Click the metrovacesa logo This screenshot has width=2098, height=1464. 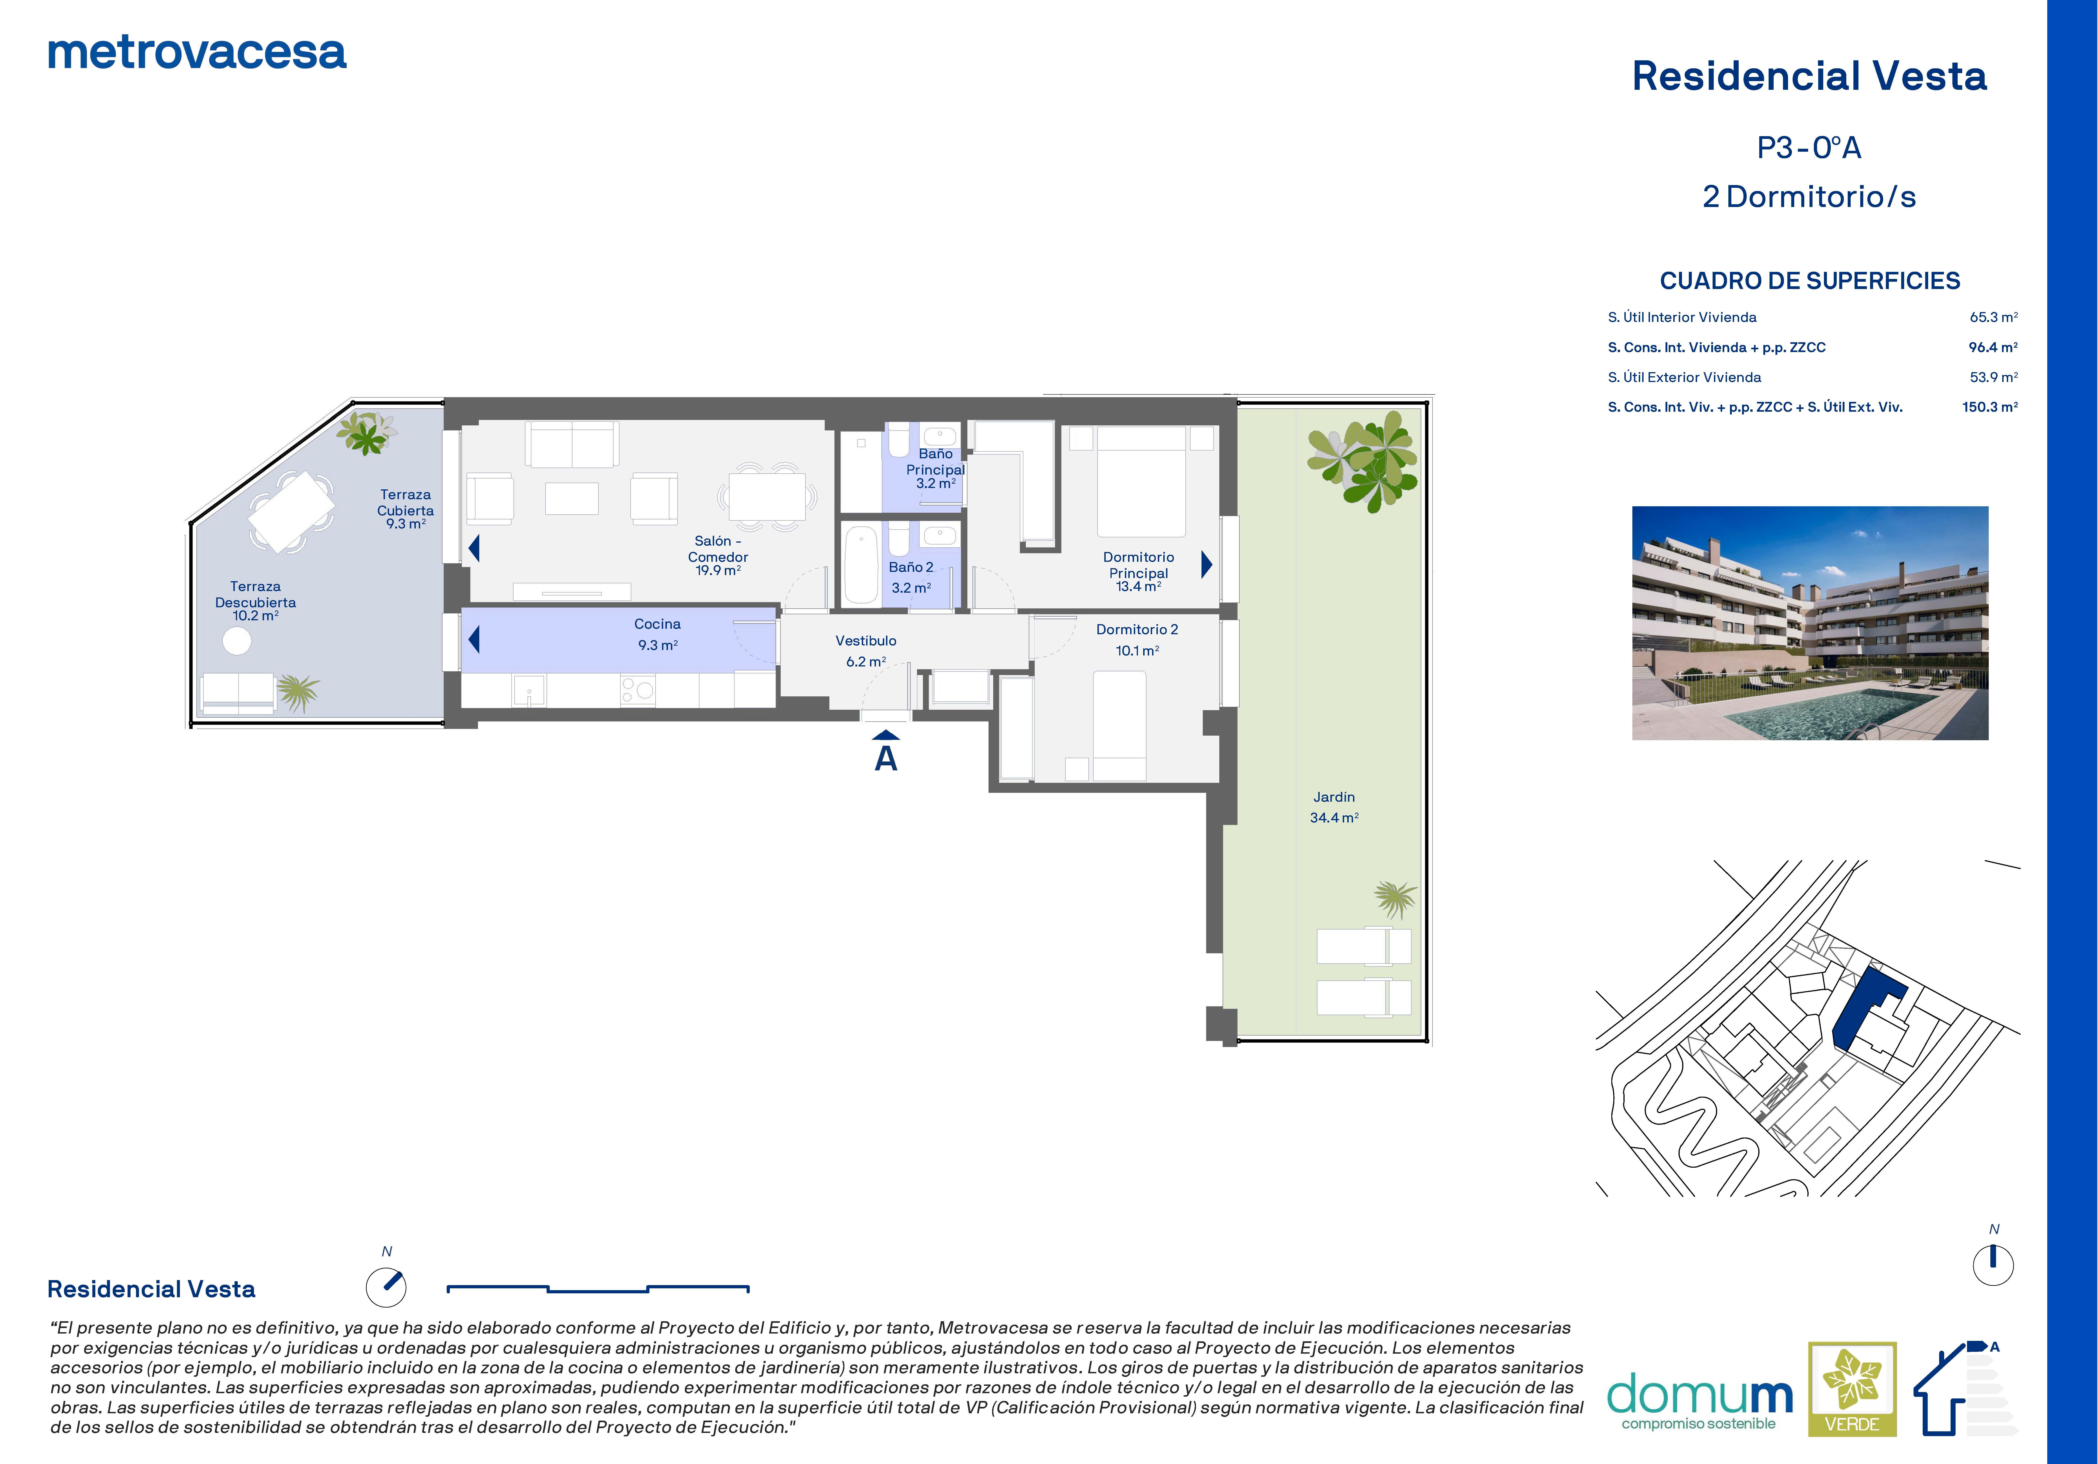pyautogui.click(x=196, y=53)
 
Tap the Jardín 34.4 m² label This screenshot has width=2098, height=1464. pyautogui.click(x=1334, y=807)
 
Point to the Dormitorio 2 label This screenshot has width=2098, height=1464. pyautogui.click(x=1137, y=639)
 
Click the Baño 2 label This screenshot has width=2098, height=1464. pyautogui.click(x=911, y=577)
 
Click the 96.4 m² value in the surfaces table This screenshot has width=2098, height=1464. pyautogui.click(x=1993, y=347)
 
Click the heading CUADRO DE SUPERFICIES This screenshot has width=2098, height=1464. pyautogui.click(x=1809, y=280)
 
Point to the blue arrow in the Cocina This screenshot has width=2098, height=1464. pyautogui.click(x=473, y=638)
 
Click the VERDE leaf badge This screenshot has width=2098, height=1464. pyautogui.click(x=1852, y=1388)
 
